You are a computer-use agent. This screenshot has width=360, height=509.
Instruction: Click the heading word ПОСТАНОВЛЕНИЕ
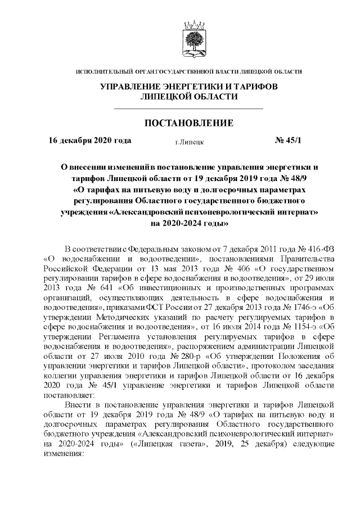(189, 124)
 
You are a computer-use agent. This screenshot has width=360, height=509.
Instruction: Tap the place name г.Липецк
(189, 142)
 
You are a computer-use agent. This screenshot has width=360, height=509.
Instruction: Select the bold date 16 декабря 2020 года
(90, 141)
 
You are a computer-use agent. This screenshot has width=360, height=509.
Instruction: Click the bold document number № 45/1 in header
(288, 141)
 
